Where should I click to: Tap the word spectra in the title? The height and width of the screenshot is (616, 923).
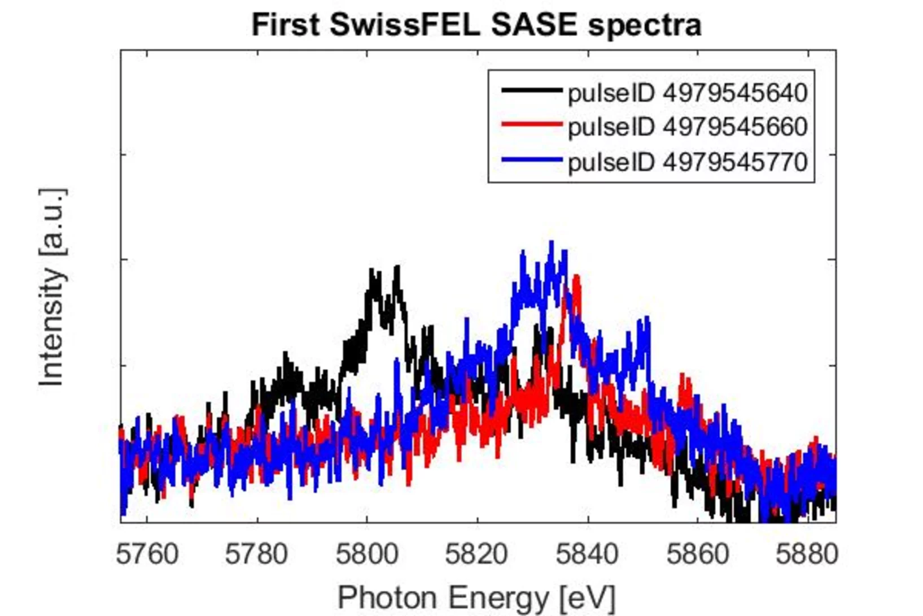(x=645, y=25)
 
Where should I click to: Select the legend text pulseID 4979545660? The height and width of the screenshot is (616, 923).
(x=688, y=127)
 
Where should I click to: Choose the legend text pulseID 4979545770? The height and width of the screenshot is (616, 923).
(x=688, y=162)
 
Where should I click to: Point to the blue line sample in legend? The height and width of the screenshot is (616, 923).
(x=531, y=160)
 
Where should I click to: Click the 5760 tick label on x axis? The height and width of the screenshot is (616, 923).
(x=147, y=554)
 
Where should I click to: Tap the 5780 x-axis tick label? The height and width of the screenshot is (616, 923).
(x=257, y=554)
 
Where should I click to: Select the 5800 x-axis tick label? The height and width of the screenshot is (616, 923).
(x=367, y=554)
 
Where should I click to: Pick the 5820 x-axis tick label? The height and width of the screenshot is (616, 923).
(x=476, y=554)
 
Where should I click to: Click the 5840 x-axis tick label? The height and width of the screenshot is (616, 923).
(x=587, y=554)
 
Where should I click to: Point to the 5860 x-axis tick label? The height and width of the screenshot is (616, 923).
(x=698, y=554)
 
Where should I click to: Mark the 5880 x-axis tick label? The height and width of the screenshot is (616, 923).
(x=807, y=554)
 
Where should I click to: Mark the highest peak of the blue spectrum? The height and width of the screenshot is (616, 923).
(x=552, y=243)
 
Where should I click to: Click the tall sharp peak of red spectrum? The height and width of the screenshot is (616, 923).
(x=576, y=277)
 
